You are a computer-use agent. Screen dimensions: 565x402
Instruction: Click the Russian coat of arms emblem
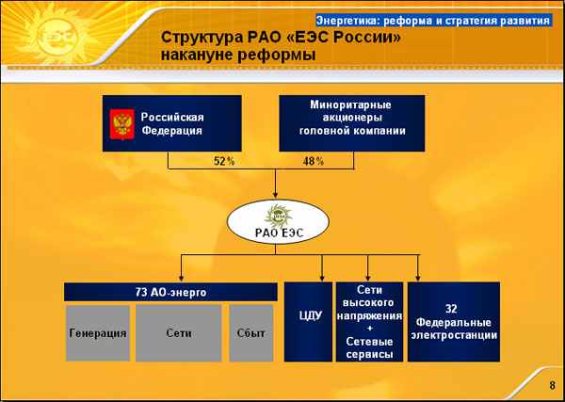(122, 124)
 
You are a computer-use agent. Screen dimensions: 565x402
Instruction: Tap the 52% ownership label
(224, 161)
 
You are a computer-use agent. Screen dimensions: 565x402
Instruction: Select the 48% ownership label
(314, 161)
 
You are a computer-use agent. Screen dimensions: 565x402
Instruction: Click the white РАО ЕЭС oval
(278, 222)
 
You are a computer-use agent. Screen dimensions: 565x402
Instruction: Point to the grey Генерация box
(98, 333)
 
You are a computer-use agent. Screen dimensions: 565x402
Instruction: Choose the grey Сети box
(179, 333)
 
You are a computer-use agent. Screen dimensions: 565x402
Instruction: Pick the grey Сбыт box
(251, 333)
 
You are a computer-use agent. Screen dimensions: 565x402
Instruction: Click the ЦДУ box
(308, 322)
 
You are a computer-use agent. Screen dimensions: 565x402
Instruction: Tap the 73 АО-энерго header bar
(170, 292)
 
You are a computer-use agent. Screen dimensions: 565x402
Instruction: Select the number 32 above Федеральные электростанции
(451, 309)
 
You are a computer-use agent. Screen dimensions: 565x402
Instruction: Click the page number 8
(553, 385)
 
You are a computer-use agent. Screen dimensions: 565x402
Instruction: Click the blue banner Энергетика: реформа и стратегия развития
(433, 21)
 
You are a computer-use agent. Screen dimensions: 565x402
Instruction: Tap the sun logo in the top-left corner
(57, 36)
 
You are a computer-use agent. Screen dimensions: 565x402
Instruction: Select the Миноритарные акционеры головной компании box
(352, 123)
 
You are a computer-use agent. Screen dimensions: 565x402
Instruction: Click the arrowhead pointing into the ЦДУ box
(322, 278)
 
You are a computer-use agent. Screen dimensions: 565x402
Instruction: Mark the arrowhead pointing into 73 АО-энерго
(181, 278)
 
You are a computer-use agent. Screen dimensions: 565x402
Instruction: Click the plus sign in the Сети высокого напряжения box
(370, 328)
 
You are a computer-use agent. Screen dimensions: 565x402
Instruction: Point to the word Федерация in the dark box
(171, 131)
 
